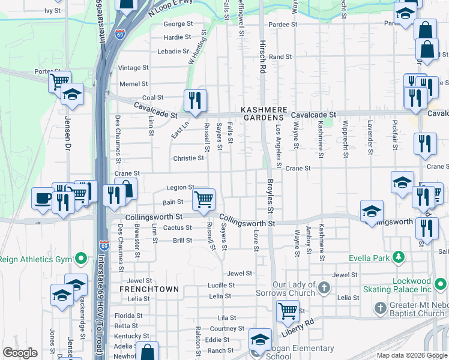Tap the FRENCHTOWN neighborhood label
coord(149,289)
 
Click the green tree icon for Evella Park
coord(397,258)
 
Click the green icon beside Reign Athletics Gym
coord(80,259)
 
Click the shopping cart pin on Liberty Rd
coord(288,310)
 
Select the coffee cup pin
coord(43,197)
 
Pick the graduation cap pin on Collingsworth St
coord(372,210)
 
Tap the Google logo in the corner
coord(20,353)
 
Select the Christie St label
coord(188,158)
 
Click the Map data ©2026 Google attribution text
coord(411,355)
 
